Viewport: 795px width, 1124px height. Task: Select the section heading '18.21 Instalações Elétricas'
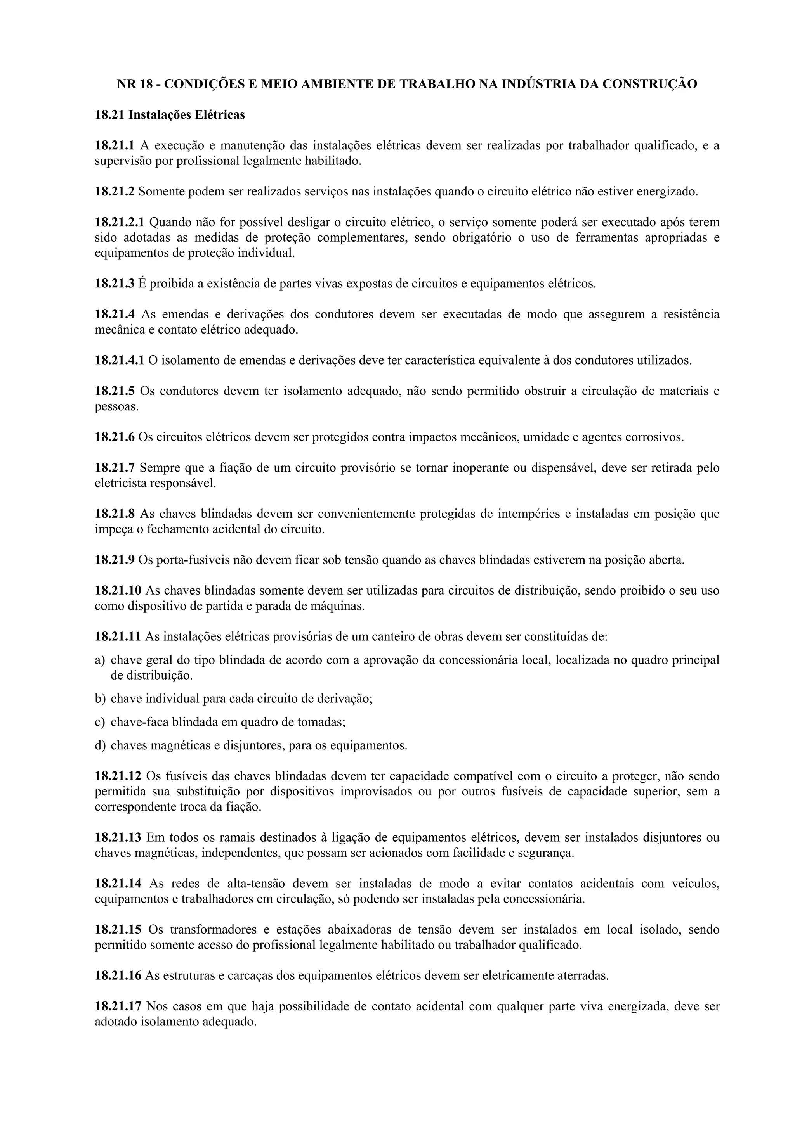coord(170,115)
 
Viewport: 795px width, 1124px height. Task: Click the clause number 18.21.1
coord(114,145)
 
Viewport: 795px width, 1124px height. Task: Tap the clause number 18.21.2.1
coord(120,222)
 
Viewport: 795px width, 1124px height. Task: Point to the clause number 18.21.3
coord(114,284)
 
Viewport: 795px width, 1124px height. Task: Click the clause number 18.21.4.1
coord(120,360)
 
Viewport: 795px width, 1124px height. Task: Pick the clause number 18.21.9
coord(114,560)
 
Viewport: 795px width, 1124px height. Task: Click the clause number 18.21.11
coord(118,637)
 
